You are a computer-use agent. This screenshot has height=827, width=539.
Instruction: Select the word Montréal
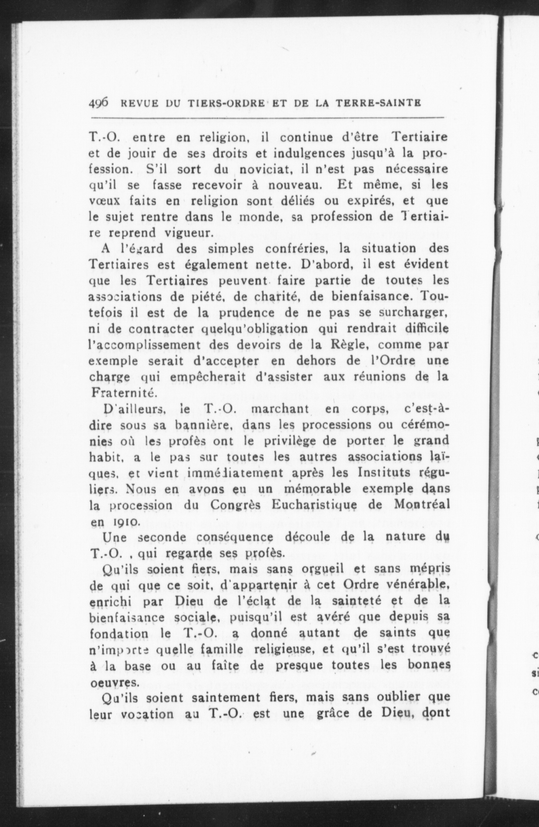pos(422,505)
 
